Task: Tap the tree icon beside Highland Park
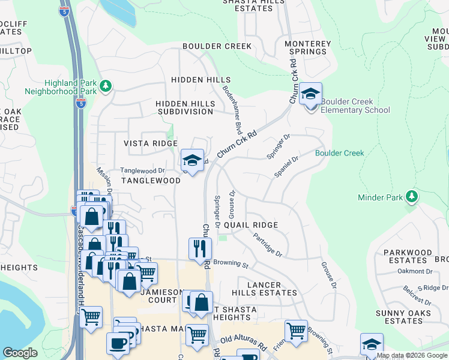click(x=106, y=86)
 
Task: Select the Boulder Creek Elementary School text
click(x=355, y=106)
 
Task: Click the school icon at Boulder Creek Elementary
click(x=310, y=94)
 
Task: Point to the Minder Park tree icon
click(x=412, y=196)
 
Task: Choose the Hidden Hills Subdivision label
click(x=185, y=107)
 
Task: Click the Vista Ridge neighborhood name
click(x=150, y=143)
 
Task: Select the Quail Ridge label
click(x=251, y=225)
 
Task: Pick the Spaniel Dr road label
click(x=286, y=167)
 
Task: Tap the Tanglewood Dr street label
click(x=142, y=170)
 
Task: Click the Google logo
click(x=20, y=353)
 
